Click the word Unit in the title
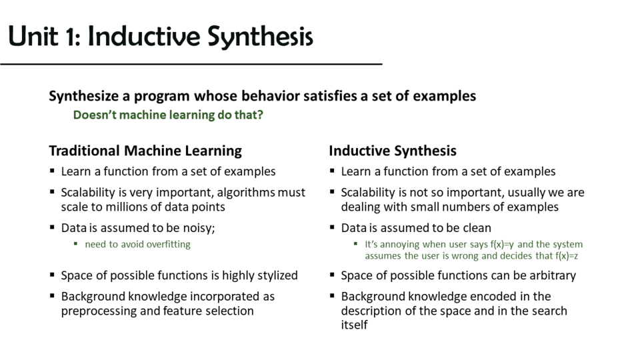(x=33, y=36)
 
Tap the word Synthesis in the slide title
(x=261, y=37)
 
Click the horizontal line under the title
(x=191, y=64)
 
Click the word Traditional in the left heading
(x=85, y=151)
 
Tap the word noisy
(x=199, y=228)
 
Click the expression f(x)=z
(x=567, y=256)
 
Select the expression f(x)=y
(x=502, y=244)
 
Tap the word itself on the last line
(x=354, y=325)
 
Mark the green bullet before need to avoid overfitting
(x=75, y=244)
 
